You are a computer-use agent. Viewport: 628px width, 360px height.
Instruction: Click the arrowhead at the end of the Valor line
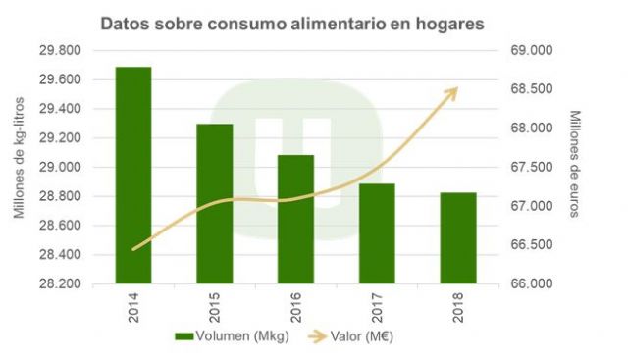pos(452,90)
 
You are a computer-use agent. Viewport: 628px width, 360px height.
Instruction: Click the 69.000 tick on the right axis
pos(529,51)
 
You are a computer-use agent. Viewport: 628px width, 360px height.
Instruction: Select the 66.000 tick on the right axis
pos(529,284)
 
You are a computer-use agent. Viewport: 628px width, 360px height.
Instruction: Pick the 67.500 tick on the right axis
pos(529,168)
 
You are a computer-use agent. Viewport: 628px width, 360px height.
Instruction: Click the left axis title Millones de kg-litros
pos(18,167)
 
